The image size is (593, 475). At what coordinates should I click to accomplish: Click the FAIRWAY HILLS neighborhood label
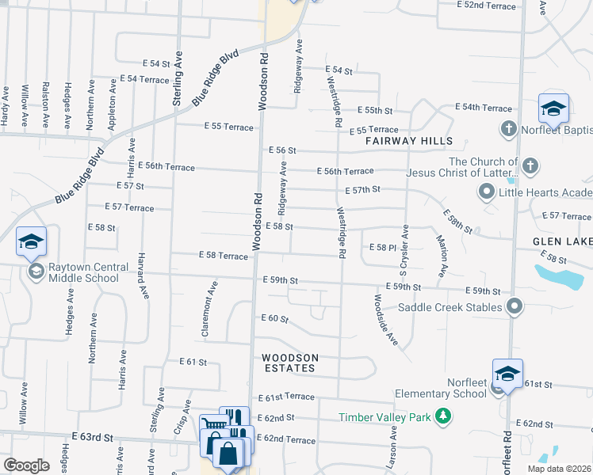409,141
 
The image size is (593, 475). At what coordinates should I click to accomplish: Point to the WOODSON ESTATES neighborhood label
291,363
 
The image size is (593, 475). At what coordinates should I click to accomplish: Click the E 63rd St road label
94,436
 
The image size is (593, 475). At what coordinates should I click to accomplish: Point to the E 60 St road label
274,318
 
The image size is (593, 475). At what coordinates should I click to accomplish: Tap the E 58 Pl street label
382,248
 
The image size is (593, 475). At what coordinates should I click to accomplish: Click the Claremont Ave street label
210,310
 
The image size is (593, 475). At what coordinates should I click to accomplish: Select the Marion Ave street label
441,255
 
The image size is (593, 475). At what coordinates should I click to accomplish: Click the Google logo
26,465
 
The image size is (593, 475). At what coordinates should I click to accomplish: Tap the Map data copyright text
559,469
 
